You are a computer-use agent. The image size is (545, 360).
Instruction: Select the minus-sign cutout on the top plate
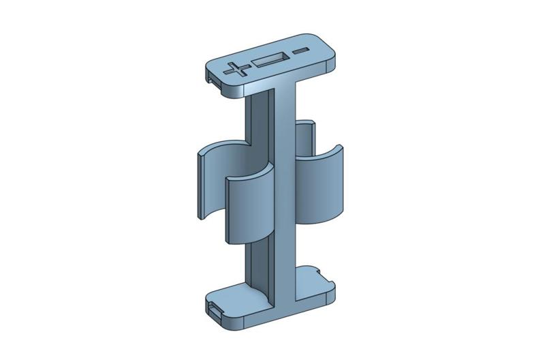(x=300, y=51)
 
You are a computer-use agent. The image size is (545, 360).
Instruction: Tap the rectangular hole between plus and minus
(x=269, y=60)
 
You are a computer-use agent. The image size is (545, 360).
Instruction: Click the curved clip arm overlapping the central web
(x=249, y=208)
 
